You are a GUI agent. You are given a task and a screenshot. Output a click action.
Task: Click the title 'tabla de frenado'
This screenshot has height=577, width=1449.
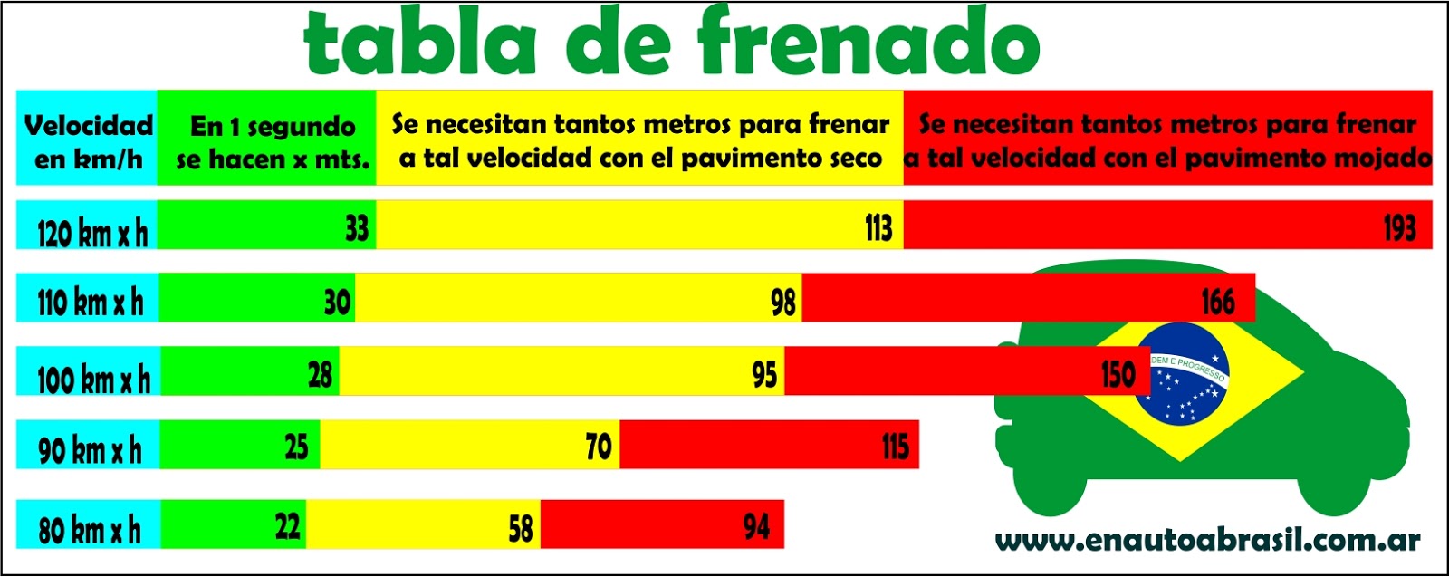tap(672, 43)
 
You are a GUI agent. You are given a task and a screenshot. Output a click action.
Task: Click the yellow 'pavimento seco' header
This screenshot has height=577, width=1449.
tap(640, 140)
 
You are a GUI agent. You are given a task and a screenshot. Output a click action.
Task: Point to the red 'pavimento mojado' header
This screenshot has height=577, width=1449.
tap(1167, 140)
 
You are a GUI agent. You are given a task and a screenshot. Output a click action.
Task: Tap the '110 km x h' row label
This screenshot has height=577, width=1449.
tap(90, 302)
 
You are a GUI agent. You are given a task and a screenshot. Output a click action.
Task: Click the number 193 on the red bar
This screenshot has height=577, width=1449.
tap(1398, 227)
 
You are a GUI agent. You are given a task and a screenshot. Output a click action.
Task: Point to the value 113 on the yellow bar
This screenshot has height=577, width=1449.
tap(878, 227)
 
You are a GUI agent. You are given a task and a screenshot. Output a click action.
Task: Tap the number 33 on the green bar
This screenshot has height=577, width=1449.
tap(357, 227)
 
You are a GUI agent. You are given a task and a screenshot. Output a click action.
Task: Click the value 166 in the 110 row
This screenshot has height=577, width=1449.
tap(1217, 302)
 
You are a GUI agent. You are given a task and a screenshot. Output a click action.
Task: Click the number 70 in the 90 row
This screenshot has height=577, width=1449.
tap(598, 447)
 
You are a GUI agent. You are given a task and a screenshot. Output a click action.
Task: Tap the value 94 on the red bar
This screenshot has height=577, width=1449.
tap(756, 526)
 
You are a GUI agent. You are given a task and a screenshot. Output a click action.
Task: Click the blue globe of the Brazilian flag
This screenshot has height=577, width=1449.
tap(1181, 374)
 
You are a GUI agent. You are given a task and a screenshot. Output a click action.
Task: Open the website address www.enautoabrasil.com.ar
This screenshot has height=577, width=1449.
tap(1207, 542)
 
